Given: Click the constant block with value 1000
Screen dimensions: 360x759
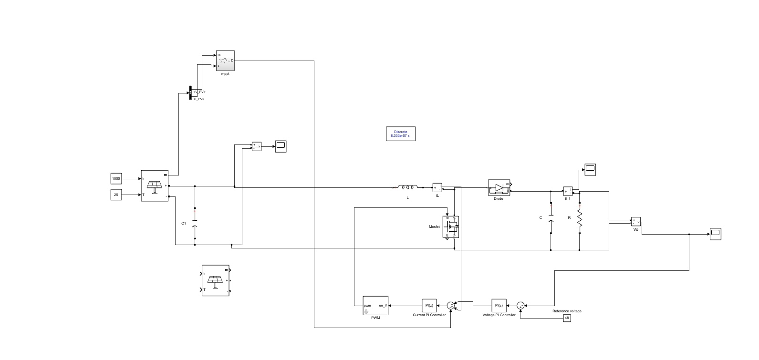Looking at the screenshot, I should coord(116,179).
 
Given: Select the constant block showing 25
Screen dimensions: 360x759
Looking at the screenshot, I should coord(116,195).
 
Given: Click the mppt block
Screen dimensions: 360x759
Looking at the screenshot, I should coord(225,61).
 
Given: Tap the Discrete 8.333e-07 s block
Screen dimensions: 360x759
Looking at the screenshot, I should coord(400,134).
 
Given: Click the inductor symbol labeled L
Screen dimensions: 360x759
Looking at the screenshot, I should coord(408,187).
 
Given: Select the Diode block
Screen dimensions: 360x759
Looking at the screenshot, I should coord(499,187).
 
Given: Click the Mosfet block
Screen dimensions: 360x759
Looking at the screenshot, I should coord(451,227).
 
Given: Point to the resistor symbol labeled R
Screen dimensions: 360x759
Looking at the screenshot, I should coord(580,218).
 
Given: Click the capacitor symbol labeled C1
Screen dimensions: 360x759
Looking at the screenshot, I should coord(195,223).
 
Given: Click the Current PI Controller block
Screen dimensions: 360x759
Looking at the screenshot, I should coord(429,305).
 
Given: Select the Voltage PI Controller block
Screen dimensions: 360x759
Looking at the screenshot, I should coord(499,305).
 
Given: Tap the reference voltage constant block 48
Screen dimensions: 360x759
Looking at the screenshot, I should coord(567,318).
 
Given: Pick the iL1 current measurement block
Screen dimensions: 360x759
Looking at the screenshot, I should coord(568,191).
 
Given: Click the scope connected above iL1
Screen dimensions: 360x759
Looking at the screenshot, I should coord(591,169).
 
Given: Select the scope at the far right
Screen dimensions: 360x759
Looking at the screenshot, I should coord(715,234).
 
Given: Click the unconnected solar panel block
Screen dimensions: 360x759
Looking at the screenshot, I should coord(215,280).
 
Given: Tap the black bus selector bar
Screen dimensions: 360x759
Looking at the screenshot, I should coord(191,93).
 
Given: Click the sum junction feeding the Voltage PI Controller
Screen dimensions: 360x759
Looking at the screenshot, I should coord(520,305).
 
